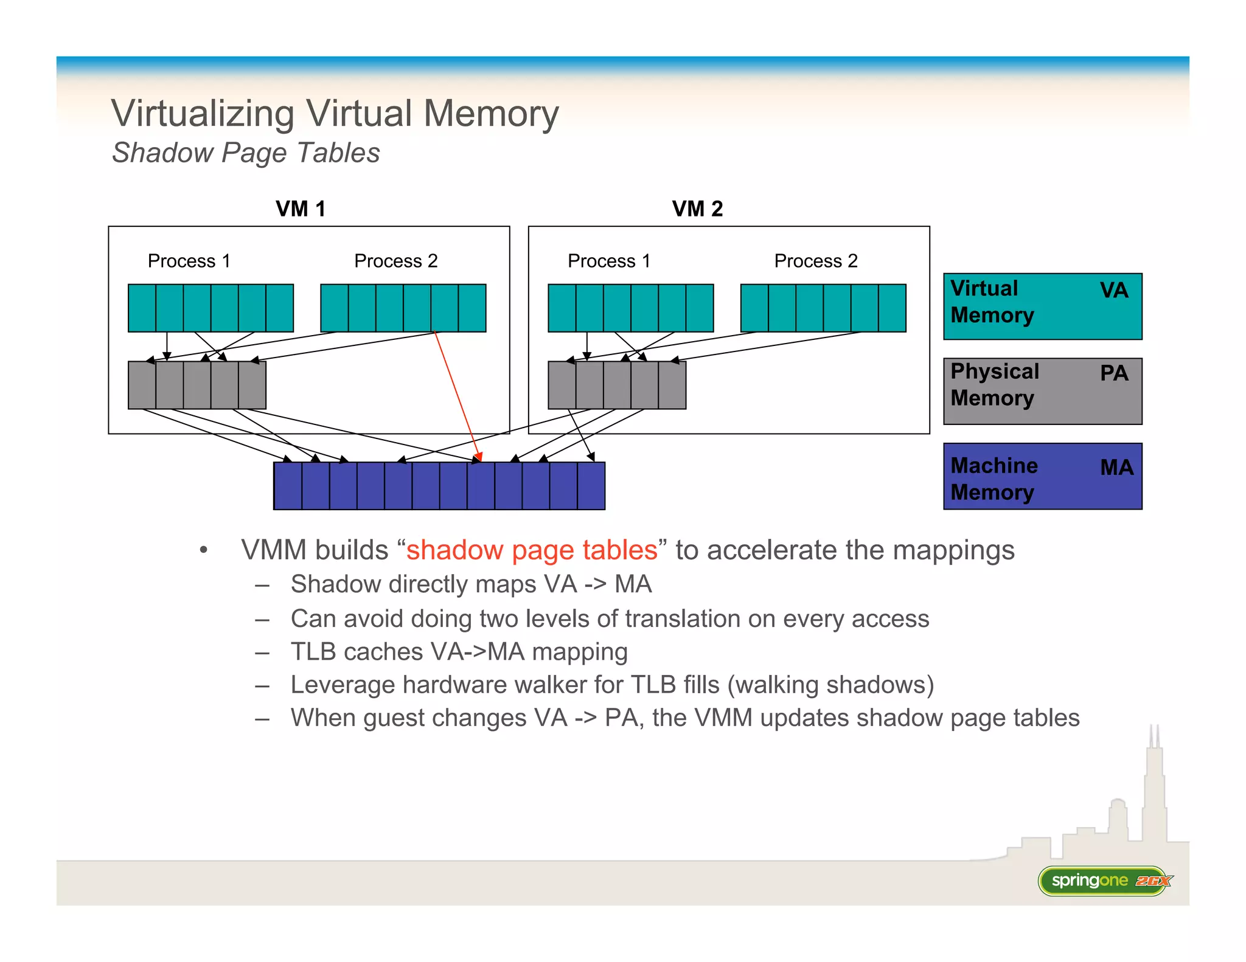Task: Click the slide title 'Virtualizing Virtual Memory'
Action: tap(335, 114)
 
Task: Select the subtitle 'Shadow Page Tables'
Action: tap(246, 153)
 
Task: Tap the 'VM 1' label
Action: tap(301, 209)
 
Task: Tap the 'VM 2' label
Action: tap(697, 209)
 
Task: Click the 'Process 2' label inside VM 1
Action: tap(395, 261)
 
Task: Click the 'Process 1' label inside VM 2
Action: tap(608, 261)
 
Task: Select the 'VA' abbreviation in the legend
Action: tap(1113, 290)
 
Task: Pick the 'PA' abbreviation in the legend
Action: tap(1113, 373)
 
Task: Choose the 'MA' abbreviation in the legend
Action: tap(1116, 467)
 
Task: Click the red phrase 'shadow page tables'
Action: tap(532, 550)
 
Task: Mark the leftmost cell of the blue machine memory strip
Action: tap(288, 486)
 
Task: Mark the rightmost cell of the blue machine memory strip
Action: tap(591, 486)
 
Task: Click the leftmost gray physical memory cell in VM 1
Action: tap(142, 385)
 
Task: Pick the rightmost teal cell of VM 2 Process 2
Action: tap(892, 308)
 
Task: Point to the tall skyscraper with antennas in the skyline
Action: tap(1154, 791)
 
